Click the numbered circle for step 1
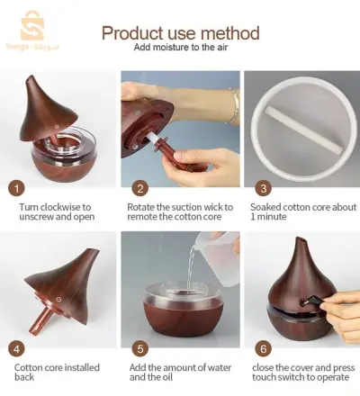(x=16, y=188)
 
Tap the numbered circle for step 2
(x=140, y=188)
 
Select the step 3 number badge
(x=263, y=188)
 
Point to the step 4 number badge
(x=16, y=349)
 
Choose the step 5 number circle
(x=140, y=349)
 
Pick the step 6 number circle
(x=263, y=349)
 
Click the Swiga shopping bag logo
(x=32, y=26)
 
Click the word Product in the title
(x=133, y=33)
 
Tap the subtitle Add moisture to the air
(x=181, y=48)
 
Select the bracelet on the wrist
(x=234, y=105)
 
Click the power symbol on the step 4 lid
(x=59, y=299)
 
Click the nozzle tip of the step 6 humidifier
(x=301, y=239)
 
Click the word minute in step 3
(x=271, y=217)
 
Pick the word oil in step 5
(x=166, y=377)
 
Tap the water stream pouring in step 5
(x=190, y=267)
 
